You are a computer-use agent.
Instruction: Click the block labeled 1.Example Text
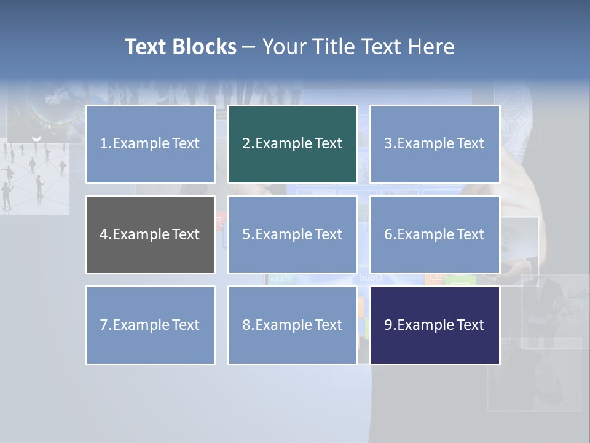[150, 144]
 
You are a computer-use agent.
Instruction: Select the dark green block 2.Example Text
[293, 144]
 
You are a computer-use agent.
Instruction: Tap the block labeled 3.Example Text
[435, 144]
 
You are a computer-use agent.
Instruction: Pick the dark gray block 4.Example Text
[150, 234]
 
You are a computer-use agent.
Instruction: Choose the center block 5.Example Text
[293, 234]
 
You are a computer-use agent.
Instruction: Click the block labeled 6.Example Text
[435, 234]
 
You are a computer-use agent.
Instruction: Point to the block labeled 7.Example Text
[150, 325]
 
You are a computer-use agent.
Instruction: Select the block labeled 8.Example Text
[293, 325]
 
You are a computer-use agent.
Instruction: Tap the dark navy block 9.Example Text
[435, 325]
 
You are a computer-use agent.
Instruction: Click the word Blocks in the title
[205, 47]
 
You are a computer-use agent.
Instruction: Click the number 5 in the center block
[246, 234]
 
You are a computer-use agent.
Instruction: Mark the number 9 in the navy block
[388, 325]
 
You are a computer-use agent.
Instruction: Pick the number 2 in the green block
[246, 144]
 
